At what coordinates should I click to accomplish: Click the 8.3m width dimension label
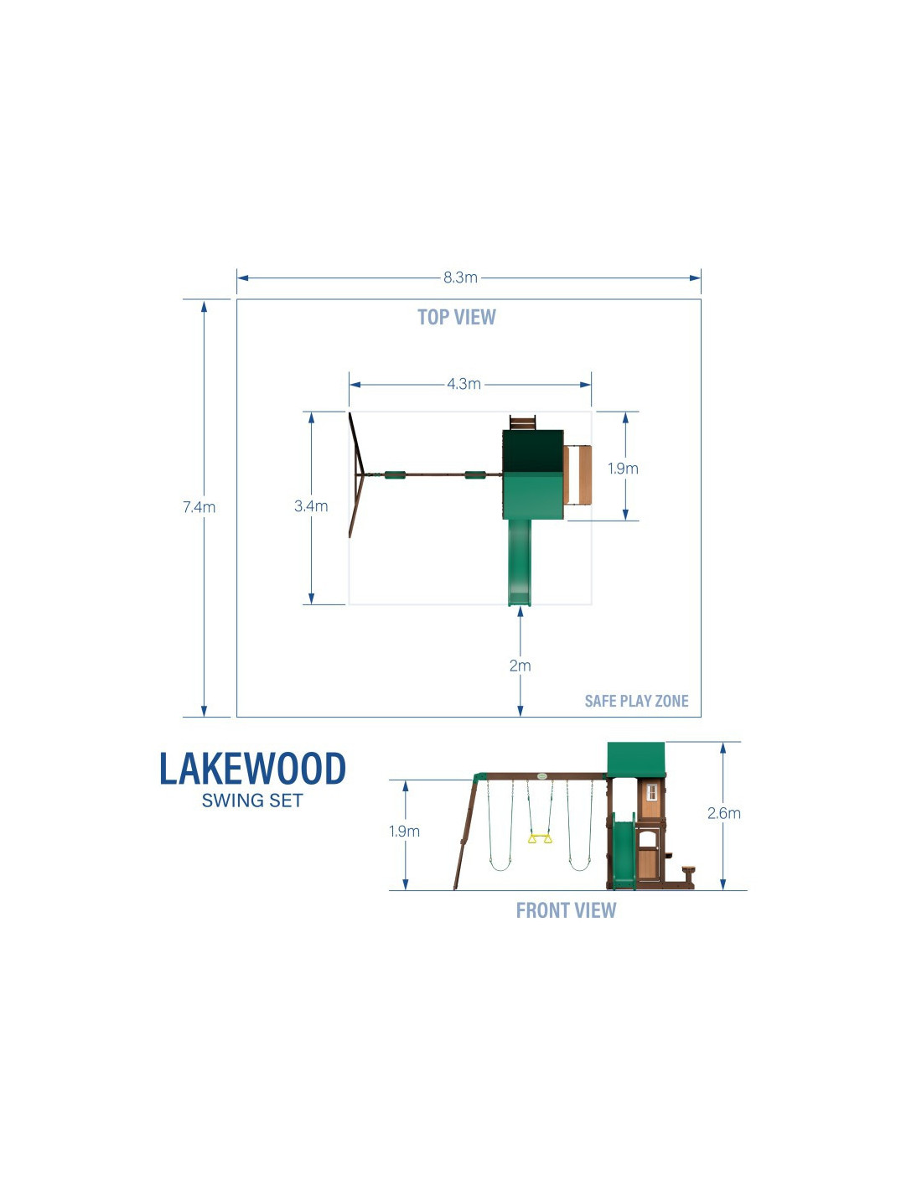click(x=460, y=277)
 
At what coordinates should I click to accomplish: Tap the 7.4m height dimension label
click(x=199, y=507)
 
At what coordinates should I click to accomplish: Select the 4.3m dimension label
click(x=464, y=384)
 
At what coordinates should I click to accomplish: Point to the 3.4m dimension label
click(x=311, y=505)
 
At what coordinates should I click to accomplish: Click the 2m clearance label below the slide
click(x=520, y=666)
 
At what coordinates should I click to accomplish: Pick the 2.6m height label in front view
click(x=723, y=813)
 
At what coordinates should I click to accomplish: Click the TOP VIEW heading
click(x=456, y=317)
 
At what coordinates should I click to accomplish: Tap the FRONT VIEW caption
click(x=566, y=910)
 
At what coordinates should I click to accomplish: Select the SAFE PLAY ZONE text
click(x=636, y=701)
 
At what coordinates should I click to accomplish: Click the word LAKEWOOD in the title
click(x=253, y=769)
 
